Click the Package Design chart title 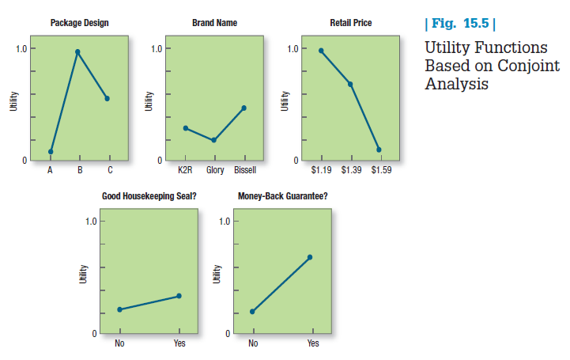click(80, 23)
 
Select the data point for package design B click(77, 52)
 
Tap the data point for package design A click(51, 151)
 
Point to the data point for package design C click(107, 99)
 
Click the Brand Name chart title click(214, 23)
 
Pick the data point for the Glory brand click(214, 140)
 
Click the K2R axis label click(185, 169)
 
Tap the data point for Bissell click(243, 108)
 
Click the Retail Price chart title click(350, 23)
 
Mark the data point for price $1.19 click(321, 51)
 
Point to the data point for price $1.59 click(379, 150)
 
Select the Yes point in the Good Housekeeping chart click(179, 296)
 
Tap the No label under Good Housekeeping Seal click(119, 343)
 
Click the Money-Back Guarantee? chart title click(283, 195)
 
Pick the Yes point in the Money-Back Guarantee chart click(310, 257)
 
